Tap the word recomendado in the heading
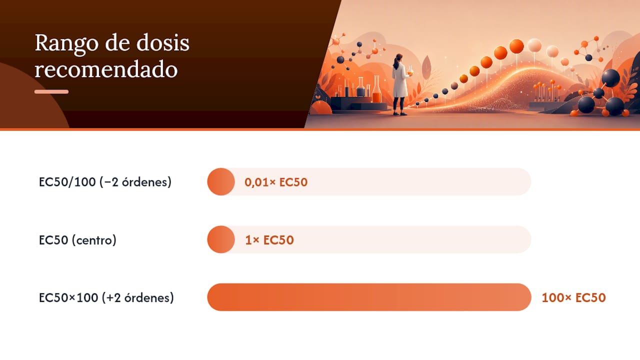pos(106,69)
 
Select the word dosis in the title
pos(162,43)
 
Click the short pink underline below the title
pos(51,91)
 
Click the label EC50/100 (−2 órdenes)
pos(105,182)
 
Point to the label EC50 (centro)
pos(77,240)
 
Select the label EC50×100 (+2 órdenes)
pos(106,297)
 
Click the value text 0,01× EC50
pos(276,182)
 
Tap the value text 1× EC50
pos(269,240)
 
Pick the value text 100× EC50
pos(573,297)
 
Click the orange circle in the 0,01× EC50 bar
pos(221,181)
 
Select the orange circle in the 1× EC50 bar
pos(221,239)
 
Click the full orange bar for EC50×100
pos(369,297)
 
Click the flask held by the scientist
pos(410,71)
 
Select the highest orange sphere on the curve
pos(516,46)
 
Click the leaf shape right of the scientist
pos(426,67)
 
